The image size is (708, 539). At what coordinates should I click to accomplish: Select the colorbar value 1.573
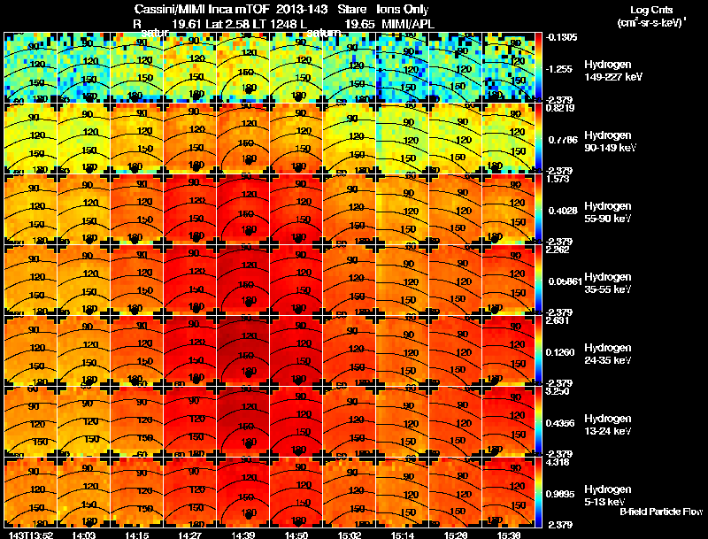(559, 178)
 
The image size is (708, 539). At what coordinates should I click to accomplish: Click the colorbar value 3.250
(559, 390)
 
